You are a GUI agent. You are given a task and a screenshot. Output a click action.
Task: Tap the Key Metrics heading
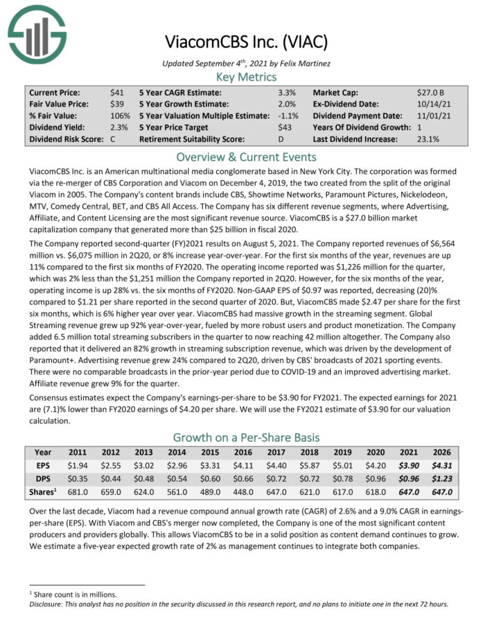click(246, 76)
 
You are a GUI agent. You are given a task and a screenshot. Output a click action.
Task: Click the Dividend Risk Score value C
click(112, 139)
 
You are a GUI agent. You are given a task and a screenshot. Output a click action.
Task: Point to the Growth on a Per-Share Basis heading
click(246, 437)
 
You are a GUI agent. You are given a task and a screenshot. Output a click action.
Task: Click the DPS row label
click(43, 479)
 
